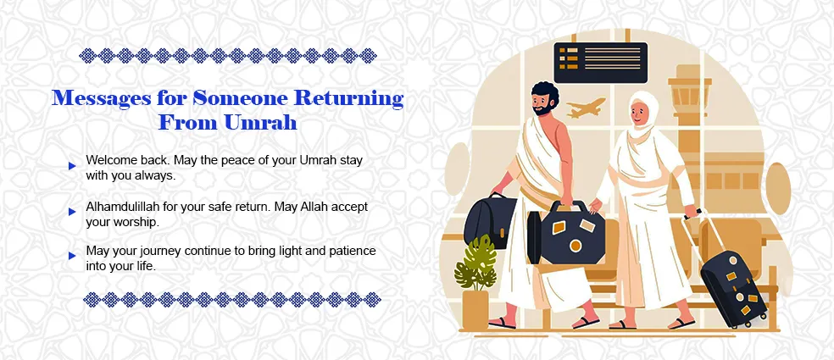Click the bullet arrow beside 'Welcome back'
click(73, 166)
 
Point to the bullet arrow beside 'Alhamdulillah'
click(73, 212)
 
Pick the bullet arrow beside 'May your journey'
click(73, 257)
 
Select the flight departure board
click(600, 63)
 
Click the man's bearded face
click(544, 105)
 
